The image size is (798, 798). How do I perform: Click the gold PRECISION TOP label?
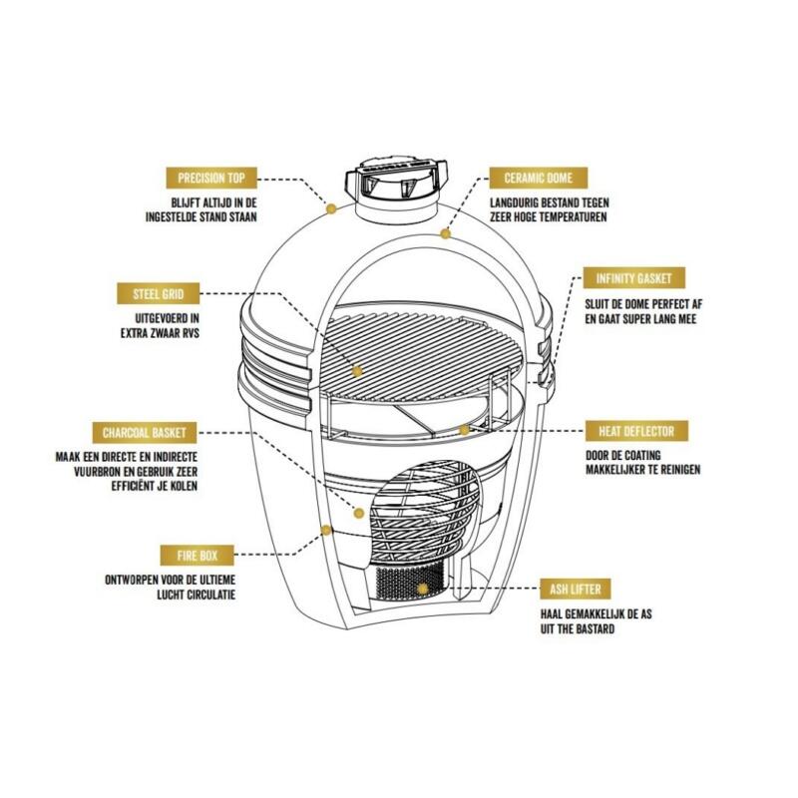[211, 178]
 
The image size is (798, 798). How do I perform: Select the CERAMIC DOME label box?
[539, 178]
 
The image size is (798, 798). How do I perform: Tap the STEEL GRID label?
[159, 293]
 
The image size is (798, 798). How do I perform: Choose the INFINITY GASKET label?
[634, 278]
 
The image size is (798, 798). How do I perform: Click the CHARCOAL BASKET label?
[145, 433]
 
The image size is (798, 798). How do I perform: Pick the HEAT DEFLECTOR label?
[636, 432]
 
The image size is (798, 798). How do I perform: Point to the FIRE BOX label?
[197, 556]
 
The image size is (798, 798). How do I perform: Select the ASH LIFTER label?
[576, 590]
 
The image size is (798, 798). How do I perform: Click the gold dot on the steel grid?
[357, 371]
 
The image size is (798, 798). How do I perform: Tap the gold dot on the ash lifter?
[422, 589]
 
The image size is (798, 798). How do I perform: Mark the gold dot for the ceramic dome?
[446, 233]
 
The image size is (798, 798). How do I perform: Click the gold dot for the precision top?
[331, 208]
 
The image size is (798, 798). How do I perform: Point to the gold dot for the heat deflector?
[464, 430]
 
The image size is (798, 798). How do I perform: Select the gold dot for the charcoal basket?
[359, 513]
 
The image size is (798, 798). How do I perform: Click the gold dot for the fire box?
[326, 531]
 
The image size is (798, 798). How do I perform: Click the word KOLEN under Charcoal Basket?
[183, 486]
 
